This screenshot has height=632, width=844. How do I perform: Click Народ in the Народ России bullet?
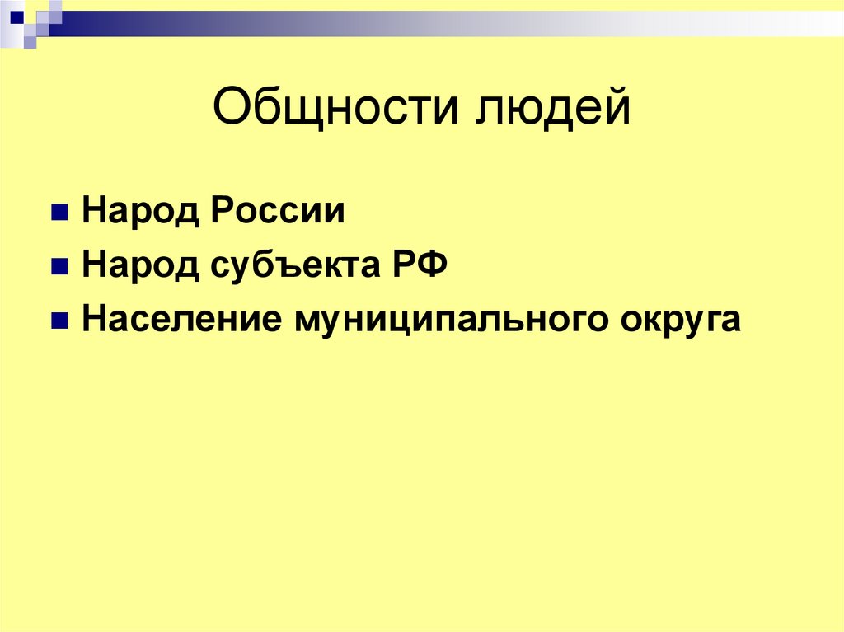(140, 212)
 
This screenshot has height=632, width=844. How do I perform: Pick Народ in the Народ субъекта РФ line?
(140, 266)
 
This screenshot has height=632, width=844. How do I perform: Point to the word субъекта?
(292, 266)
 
